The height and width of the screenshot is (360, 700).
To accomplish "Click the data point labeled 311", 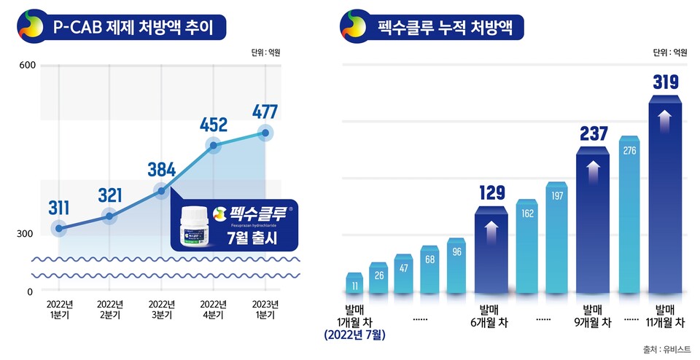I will [x=58, y=229].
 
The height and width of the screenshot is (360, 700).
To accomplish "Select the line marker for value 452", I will [x=214, y=146].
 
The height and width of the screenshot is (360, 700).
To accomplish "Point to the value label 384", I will [x=162, y=170].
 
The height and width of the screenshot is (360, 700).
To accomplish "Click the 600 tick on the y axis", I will [x=26, y=66].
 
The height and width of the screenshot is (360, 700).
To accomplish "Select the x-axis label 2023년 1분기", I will [x=265, y=309].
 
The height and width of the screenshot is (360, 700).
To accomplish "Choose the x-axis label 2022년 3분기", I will [x=161, y=309].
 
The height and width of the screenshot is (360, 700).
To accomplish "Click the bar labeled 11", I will [x=354, y=284].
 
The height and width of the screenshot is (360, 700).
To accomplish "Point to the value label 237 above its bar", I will [x=592, y=134].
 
